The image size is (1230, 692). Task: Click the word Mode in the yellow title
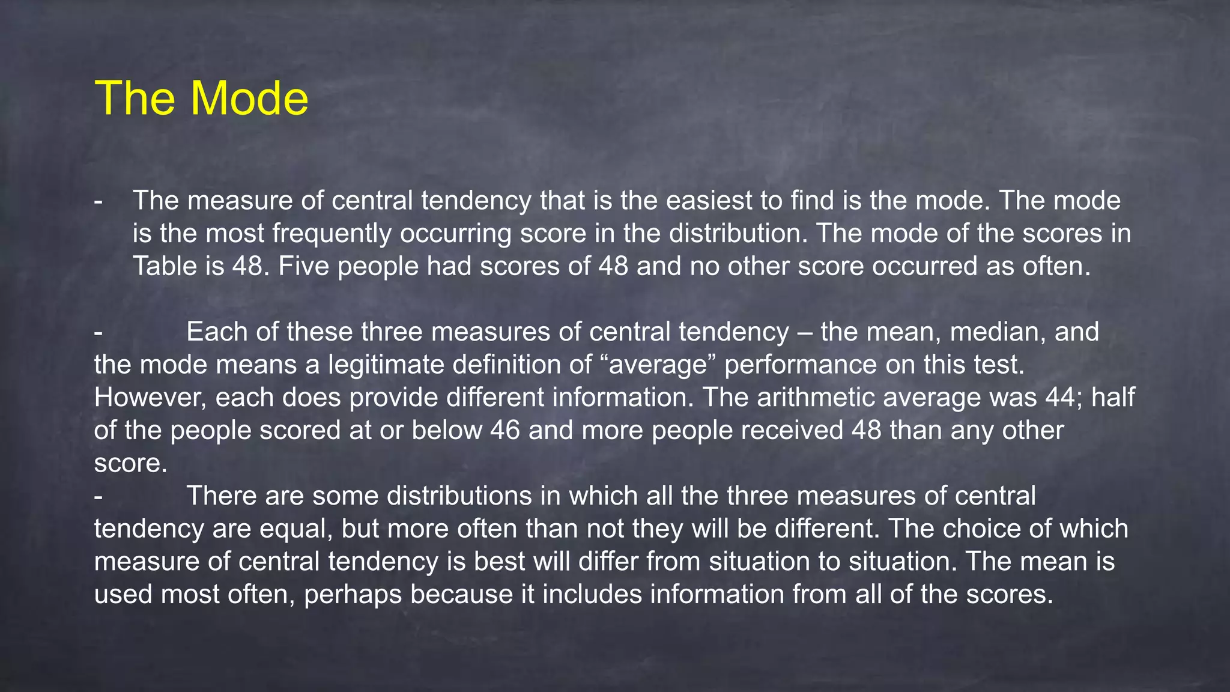tap(250, 98)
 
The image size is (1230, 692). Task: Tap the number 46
tap(504, 430)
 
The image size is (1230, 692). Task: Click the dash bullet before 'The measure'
tap(98, 201)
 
